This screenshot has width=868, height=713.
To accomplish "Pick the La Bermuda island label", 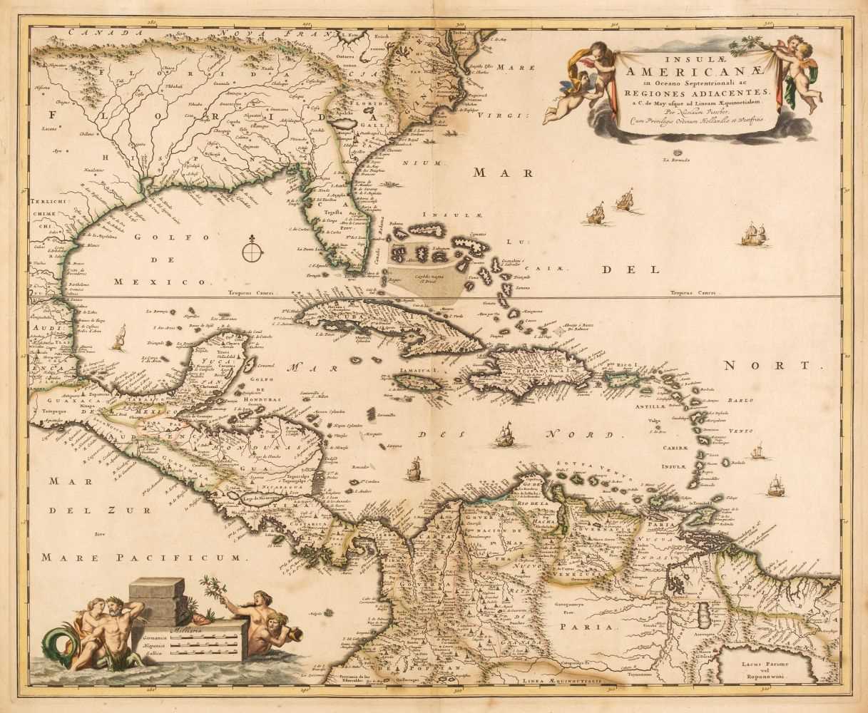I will [x=675, y=158].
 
